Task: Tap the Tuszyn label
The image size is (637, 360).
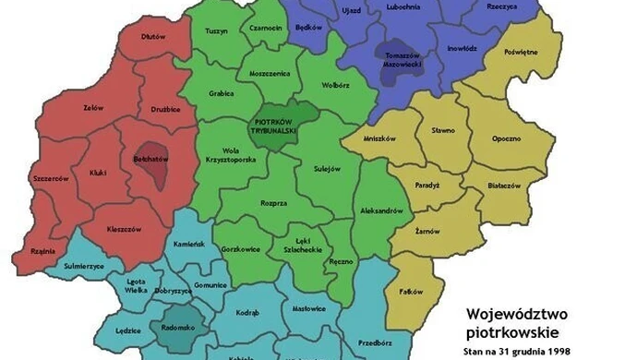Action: [x=216, y=31]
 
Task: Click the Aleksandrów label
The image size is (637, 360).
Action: [x=380, y=211]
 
